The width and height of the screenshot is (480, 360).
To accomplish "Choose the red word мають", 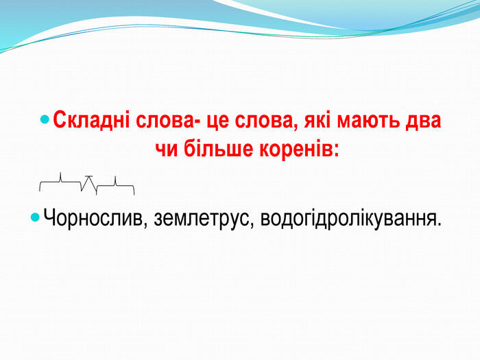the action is (x=368, y=121).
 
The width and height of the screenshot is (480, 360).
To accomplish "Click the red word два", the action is (x=423, y=120).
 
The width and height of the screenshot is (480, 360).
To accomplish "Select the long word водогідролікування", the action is (x=348, y=218).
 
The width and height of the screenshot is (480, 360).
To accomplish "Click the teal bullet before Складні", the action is (x=45, y=119).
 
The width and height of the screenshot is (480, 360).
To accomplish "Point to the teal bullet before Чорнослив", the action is (x=36, y=217).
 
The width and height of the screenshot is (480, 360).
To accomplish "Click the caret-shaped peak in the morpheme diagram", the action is (x=88, y=177).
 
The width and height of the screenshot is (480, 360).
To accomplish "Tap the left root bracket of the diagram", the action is (x=60, y=182).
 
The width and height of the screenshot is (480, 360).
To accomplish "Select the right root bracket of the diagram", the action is (x=115, y=186).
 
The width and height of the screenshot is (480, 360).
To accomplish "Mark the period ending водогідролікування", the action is (x=439, y=224).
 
